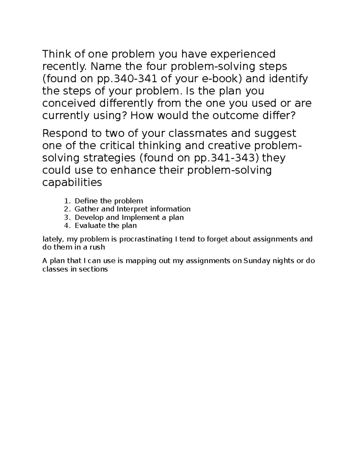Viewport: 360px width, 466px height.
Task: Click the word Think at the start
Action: (56, 54)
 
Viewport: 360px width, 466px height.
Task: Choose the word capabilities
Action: (72, 182)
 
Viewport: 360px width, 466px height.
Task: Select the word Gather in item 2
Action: (85, 209)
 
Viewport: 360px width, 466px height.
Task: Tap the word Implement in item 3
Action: (137, 217)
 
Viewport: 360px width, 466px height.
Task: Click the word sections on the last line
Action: (93, 269)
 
